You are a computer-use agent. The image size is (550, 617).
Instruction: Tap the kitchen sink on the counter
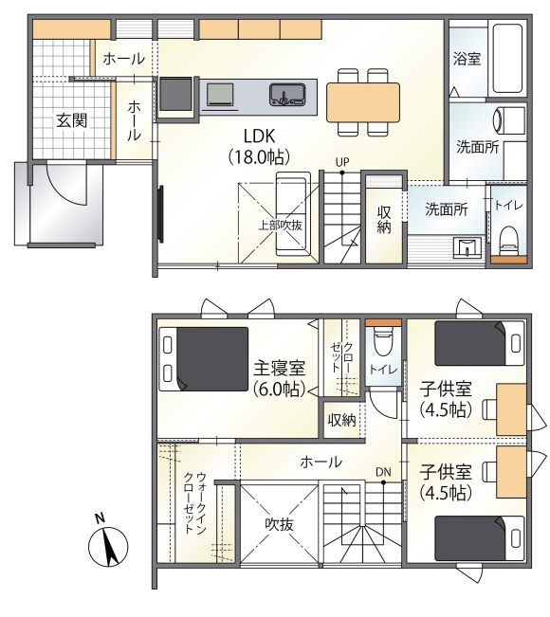tap(287, 95)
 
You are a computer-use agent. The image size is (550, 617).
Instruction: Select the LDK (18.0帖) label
tap(260, 146)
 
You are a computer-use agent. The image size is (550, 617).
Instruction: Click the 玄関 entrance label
tap(72, 120)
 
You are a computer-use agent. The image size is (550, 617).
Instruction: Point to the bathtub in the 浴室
tap(507, 58)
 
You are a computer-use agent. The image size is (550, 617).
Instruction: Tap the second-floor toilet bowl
tap(383, 340)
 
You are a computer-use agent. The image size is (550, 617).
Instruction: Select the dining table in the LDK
tap(363, 102)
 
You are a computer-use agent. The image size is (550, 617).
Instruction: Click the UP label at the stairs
tap(342, 162)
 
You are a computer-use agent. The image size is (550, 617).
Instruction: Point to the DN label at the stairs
tap(383, 472)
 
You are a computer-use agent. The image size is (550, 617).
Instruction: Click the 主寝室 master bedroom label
tap(279, 369)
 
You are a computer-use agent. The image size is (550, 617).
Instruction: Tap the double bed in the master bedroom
tap(204, 359)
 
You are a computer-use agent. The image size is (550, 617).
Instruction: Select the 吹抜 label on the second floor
tap(279, 524)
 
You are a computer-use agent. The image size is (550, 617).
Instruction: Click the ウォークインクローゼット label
tap(195, 503)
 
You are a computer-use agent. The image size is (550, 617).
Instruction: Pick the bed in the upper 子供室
tap(480, 343)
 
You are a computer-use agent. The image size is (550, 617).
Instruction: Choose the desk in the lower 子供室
tap(511, 472)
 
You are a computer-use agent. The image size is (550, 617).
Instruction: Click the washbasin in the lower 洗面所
tap(467, 248)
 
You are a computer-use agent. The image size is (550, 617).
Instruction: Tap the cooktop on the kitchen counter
tap(220, 95)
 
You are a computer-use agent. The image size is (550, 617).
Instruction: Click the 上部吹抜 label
tap(280, 225)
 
